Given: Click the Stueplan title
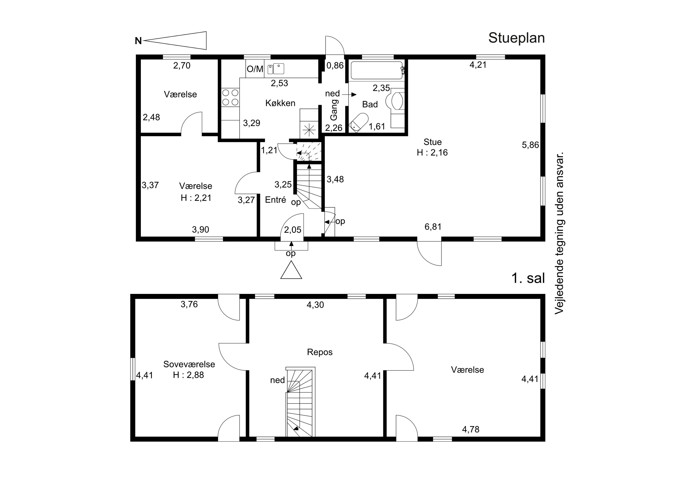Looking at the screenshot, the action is tap(517, 38).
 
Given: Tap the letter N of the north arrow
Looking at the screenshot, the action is tap(138, 41).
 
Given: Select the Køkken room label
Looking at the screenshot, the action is tap(280, 103).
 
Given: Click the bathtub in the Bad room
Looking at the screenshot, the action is tap(377, 70).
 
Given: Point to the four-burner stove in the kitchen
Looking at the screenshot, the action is tap(230, 97).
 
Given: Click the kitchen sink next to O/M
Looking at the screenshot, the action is tap(276, 69).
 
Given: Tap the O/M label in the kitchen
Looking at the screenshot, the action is tap(255, 69).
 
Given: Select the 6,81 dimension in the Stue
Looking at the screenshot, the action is tap(433, 227).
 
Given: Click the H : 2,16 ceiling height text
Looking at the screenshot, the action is tap(432, 152).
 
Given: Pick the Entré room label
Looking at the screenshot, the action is tap(275, 200).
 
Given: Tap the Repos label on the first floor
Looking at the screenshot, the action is tap(319, 352).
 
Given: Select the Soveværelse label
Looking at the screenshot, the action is tap(189, 364).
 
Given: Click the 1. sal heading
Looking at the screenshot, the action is tap(528, 278).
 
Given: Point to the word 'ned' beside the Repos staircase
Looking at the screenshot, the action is tap(277, 380).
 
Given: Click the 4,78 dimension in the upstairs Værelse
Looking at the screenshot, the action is tap(471, 430).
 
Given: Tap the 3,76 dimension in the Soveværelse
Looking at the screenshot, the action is tap(189, 304).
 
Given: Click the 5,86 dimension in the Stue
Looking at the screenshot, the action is tap(530, 145).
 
